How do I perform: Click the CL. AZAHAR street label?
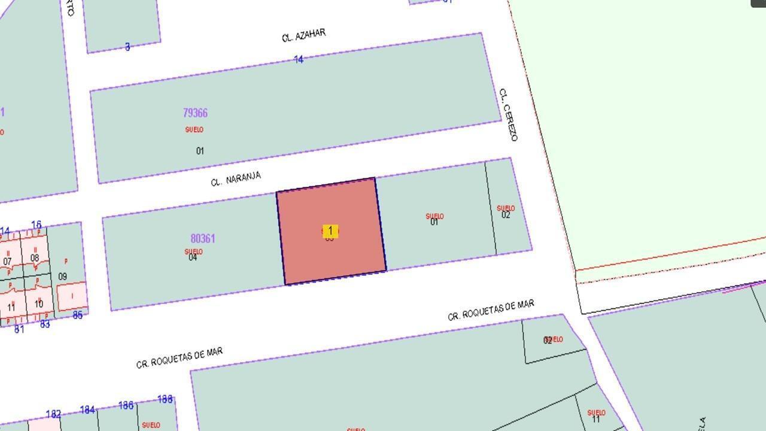(303, 35)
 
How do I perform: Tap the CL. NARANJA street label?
(236, 178)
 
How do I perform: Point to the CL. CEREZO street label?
(508, 115)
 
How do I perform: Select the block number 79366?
(195, 113)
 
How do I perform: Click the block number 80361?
(203, 238)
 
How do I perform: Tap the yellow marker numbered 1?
(330, 230)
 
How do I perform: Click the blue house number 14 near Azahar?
(299, 59)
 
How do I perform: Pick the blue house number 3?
(127, 47)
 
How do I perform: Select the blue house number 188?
(165, 399)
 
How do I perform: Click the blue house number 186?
(126, 405)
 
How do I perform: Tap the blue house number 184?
(87, 410)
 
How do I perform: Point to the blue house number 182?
(53, 414)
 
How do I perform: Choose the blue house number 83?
(45, 324)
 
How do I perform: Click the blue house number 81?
(19, 329)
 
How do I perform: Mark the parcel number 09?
(63, 277)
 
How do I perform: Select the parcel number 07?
(7, 262)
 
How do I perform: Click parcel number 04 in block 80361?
(193, 258)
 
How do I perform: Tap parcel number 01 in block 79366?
(200, 151)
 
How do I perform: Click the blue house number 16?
(37, 225)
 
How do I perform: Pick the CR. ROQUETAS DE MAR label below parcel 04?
(180, 357)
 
